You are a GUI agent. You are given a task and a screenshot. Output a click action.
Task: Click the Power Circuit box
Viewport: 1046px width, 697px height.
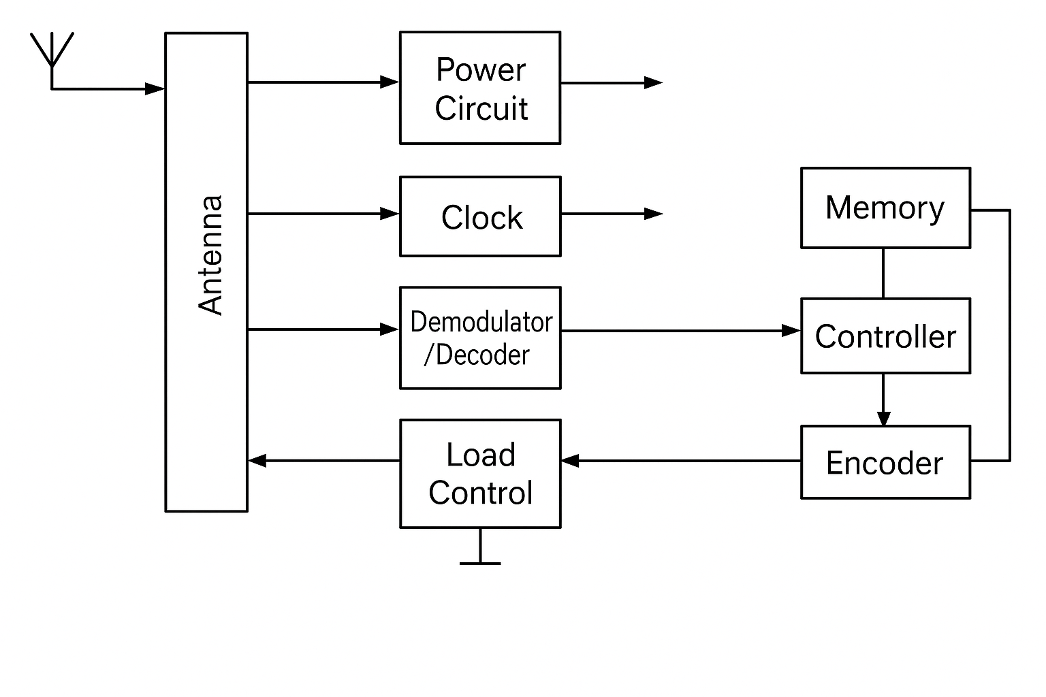click(x=480, y=88)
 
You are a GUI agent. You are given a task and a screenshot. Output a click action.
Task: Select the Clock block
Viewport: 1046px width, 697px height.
click(x=480, y=216)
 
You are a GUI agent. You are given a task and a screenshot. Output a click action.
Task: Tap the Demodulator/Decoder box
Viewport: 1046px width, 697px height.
click(x=480, y=338)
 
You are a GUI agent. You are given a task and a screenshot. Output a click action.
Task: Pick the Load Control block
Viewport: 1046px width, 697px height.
click(x=480, y=474)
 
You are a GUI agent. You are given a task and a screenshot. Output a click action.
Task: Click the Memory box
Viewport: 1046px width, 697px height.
click(x=885, y=208)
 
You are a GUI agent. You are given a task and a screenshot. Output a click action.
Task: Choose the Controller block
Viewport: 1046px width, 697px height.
click(x=885, y=336)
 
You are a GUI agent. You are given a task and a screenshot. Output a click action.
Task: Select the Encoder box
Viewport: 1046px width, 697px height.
click(x=885, y=463)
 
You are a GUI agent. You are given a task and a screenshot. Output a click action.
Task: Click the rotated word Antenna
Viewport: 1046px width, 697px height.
click(x=210, y=255)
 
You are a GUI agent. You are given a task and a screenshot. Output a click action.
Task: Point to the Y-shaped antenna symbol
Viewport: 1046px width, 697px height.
click(x=52, y=51)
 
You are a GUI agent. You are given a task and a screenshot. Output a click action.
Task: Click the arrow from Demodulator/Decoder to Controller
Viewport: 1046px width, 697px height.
click(x=681, y=331)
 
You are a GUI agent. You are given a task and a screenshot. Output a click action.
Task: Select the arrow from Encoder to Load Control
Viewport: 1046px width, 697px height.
click(x=681, y=461)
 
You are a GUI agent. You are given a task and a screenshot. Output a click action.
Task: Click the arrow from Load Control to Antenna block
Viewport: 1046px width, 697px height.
click(x=324, y=461)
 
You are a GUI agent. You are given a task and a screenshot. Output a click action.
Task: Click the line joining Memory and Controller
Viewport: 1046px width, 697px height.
click(x=883, y=273)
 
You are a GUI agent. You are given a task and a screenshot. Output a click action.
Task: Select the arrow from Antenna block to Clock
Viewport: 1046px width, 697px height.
click(x=323, y=214)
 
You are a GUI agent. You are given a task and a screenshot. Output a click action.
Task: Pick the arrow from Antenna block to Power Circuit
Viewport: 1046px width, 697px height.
click(x=323, y=82)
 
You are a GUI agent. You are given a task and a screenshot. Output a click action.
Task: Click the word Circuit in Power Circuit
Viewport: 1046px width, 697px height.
click(x=481, y=109)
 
